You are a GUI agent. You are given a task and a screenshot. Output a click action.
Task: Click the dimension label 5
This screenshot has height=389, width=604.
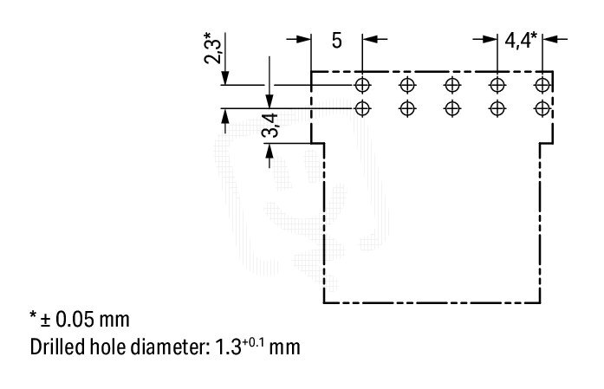coord(337,41)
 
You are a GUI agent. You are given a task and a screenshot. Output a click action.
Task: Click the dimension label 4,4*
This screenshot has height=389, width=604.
coord(521,40)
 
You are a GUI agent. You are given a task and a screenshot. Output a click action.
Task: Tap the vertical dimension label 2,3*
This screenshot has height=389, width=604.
coord(213,49)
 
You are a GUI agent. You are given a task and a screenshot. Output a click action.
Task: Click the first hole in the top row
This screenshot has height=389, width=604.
coord(362,85)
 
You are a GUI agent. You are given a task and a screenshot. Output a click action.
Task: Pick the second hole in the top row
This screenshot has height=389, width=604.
coord(407,85)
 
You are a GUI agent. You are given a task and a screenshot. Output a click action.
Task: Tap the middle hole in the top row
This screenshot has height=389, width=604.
coord(452,85)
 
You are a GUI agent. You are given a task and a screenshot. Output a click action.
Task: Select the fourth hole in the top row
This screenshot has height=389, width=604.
coord(497,85)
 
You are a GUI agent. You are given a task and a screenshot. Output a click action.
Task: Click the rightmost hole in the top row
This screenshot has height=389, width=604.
coord(542,85)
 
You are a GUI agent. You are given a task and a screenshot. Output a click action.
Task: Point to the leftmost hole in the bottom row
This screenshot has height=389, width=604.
coord(362,108)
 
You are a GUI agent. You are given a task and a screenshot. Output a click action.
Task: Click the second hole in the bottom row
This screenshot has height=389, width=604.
coord(407,108)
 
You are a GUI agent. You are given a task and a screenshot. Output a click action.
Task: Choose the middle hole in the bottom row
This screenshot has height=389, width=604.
coord(452,108)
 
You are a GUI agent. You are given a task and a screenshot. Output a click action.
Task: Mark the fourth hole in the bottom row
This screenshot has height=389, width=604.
coord(497,108)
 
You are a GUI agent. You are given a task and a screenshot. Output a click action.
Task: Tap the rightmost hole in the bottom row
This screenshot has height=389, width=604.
coord(542,108)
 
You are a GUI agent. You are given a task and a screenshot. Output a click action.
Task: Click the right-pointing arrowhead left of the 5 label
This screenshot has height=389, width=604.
coord(304,39)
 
